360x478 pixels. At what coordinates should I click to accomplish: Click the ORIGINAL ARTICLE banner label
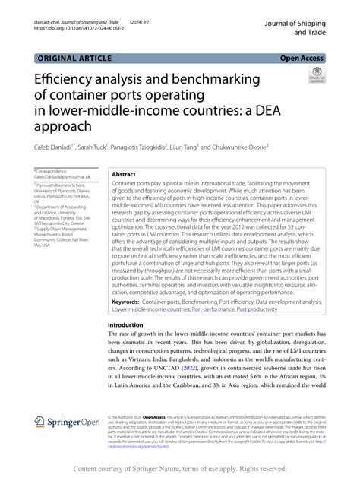pos(72,57)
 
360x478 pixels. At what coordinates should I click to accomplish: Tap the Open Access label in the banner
pos(302,57)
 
